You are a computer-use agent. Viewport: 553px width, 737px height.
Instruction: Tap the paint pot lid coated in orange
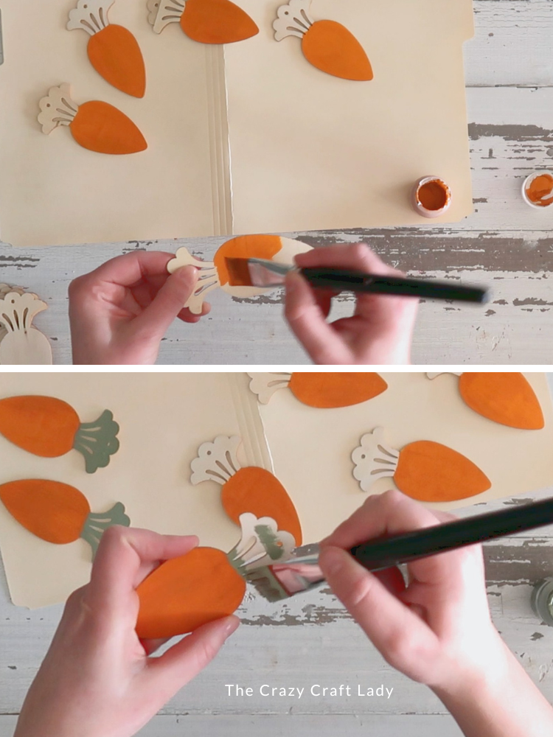(539, 189)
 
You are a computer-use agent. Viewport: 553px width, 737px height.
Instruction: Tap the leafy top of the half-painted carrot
(193, 276)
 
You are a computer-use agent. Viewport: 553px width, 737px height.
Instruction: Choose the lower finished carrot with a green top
(59, 512)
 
